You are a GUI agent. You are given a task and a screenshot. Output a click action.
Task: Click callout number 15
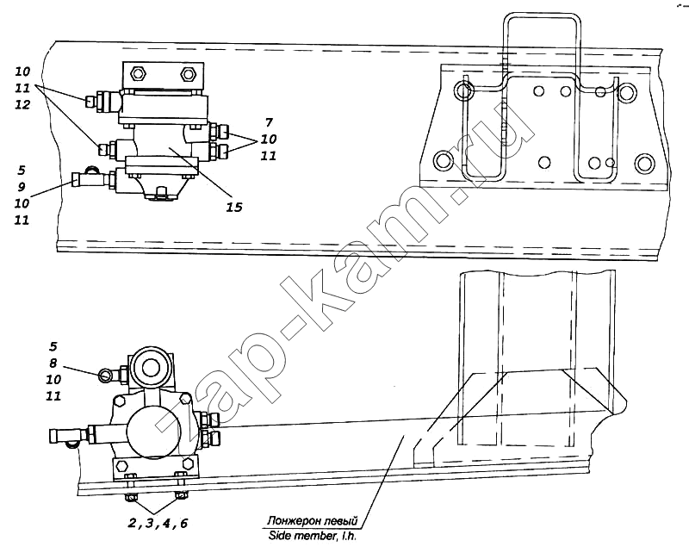click(234, 207)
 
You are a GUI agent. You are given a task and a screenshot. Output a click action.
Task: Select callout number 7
click(270, 122)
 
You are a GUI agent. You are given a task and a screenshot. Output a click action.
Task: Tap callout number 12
click(22, 104)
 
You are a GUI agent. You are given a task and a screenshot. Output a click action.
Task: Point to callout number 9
click(22, 187)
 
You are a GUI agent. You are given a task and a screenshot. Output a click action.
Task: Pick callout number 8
click(53, 363)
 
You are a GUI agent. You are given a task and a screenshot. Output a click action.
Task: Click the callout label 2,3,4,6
click(158, 523)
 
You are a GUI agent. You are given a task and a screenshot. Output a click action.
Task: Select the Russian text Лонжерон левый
click(312, 521)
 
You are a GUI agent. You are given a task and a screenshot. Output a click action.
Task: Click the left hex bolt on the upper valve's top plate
click(140, 73)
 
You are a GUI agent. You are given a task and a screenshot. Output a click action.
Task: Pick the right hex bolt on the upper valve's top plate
click(188, 73)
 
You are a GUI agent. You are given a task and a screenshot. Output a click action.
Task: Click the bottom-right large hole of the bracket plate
click(644, 163)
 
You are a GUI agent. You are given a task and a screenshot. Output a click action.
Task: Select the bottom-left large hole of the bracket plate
click(444, 160)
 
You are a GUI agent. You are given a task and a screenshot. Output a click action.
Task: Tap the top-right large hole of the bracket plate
click(626, 92)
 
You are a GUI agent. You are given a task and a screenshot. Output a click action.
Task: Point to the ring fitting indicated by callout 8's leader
click(105, 374)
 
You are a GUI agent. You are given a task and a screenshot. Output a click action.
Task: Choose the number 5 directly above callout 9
click(22, 170)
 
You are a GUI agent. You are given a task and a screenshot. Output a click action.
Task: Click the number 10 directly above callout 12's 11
click(22, 71)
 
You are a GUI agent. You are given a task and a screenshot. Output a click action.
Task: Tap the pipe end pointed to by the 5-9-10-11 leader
click(76, 179)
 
